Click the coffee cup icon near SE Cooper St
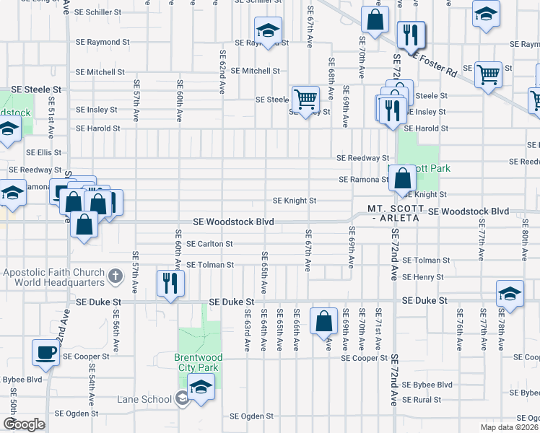(x=46, y=353)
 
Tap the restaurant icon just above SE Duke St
(x=170, y=282)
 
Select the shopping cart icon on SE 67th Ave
(x=305, y=98)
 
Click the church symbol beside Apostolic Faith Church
(x=115, y=276)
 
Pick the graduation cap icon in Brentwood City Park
(x=201, y=385)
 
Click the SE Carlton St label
(x=209, y=244)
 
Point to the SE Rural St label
(x=422, y=400)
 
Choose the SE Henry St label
(x=423, y=277)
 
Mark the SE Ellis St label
(x=44, y=153)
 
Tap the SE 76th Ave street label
(x=459, y=331)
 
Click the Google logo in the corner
(x=23, y=424)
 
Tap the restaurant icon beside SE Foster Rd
(x=411, y=34)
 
